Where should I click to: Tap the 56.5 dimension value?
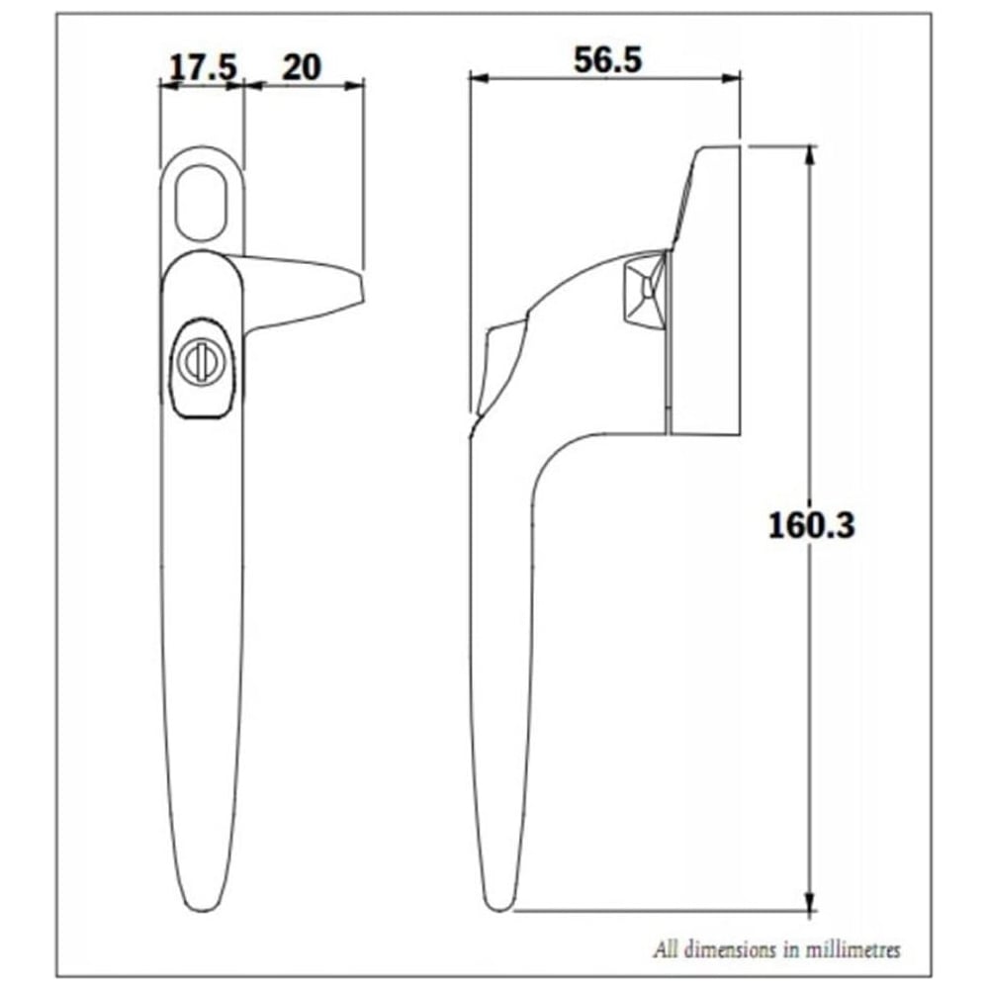[608, 60]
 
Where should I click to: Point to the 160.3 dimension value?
[811, 525]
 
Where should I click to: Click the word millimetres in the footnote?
[852, 949]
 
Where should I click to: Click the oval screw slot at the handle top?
[202, 202]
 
